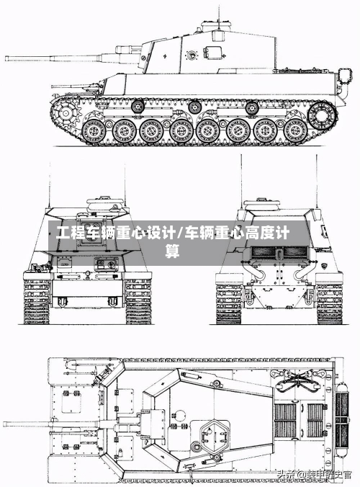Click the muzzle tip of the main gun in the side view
pos(6,57)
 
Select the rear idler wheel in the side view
pos(323,113)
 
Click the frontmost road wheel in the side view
pos(94,132)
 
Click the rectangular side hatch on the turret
pos(213,52)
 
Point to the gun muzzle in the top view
pos(6,424)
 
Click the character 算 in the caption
pos(173,251)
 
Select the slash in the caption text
pos(179,233)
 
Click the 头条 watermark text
pos(287,474)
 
